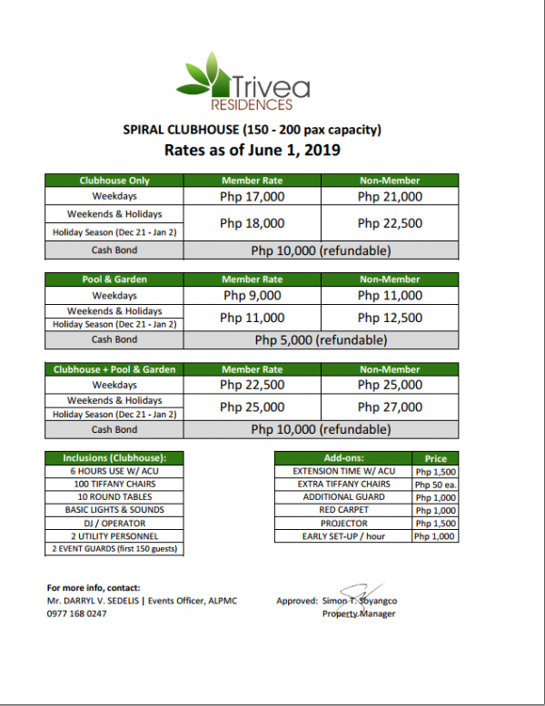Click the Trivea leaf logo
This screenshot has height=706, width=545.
pyautogui.click(x=207, y=76)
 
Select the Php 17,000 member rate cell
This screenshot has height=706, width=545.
pyautogui.click(x=253, y=196)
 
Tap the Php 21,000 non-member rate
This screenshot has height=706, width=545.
pyautogui.click(x=390, y=196)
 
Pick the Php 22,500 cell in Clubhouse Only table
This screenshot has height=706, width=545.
pyautogui.click(x=390, y=223)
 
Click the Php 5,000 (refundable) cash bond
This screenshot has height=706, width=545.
pyautogui.click(x=321, y=341)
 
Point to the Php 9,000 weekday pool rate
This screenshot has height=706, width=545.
pyautogui.click(x=253, y=295)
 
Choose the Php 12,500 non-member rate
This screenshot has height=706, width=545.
pyautogui.click(x=390, y=318)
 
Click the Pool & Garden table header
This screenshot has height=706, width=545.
pyautogui.click(x=114, y=279)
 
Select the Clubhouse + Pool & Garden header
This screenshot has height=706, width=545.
pyautogui.click(x=114, y=369)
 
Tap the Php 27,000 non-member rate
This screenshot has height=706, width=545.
pyautogui.click(x=390, y=407)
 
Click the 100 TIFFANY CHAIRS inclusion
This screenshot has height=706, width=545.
pyautogui.click(x=114, y=485)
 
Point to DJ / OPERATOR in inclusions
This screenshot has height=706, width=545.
pyautogui.click(x=114, y=523)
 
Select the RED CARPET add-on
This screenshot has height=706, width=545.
pyautogui.click(x=343, y=511)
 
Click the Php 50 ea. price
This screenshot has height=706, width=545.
pyautogui.click(x=435, y=485)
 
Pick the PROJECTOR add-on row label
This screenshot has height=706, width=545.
pyautogui.click(x=343, y=524)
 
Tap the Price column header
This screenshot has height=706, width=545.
pyautogui.click(x=435, y=459)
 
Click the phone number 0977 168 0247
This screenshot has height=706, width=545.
pyautogui.click(x=76, y=613)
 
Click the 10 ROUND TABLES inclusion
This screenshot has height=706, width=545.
pyautogui.click(x=114, y=497)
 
